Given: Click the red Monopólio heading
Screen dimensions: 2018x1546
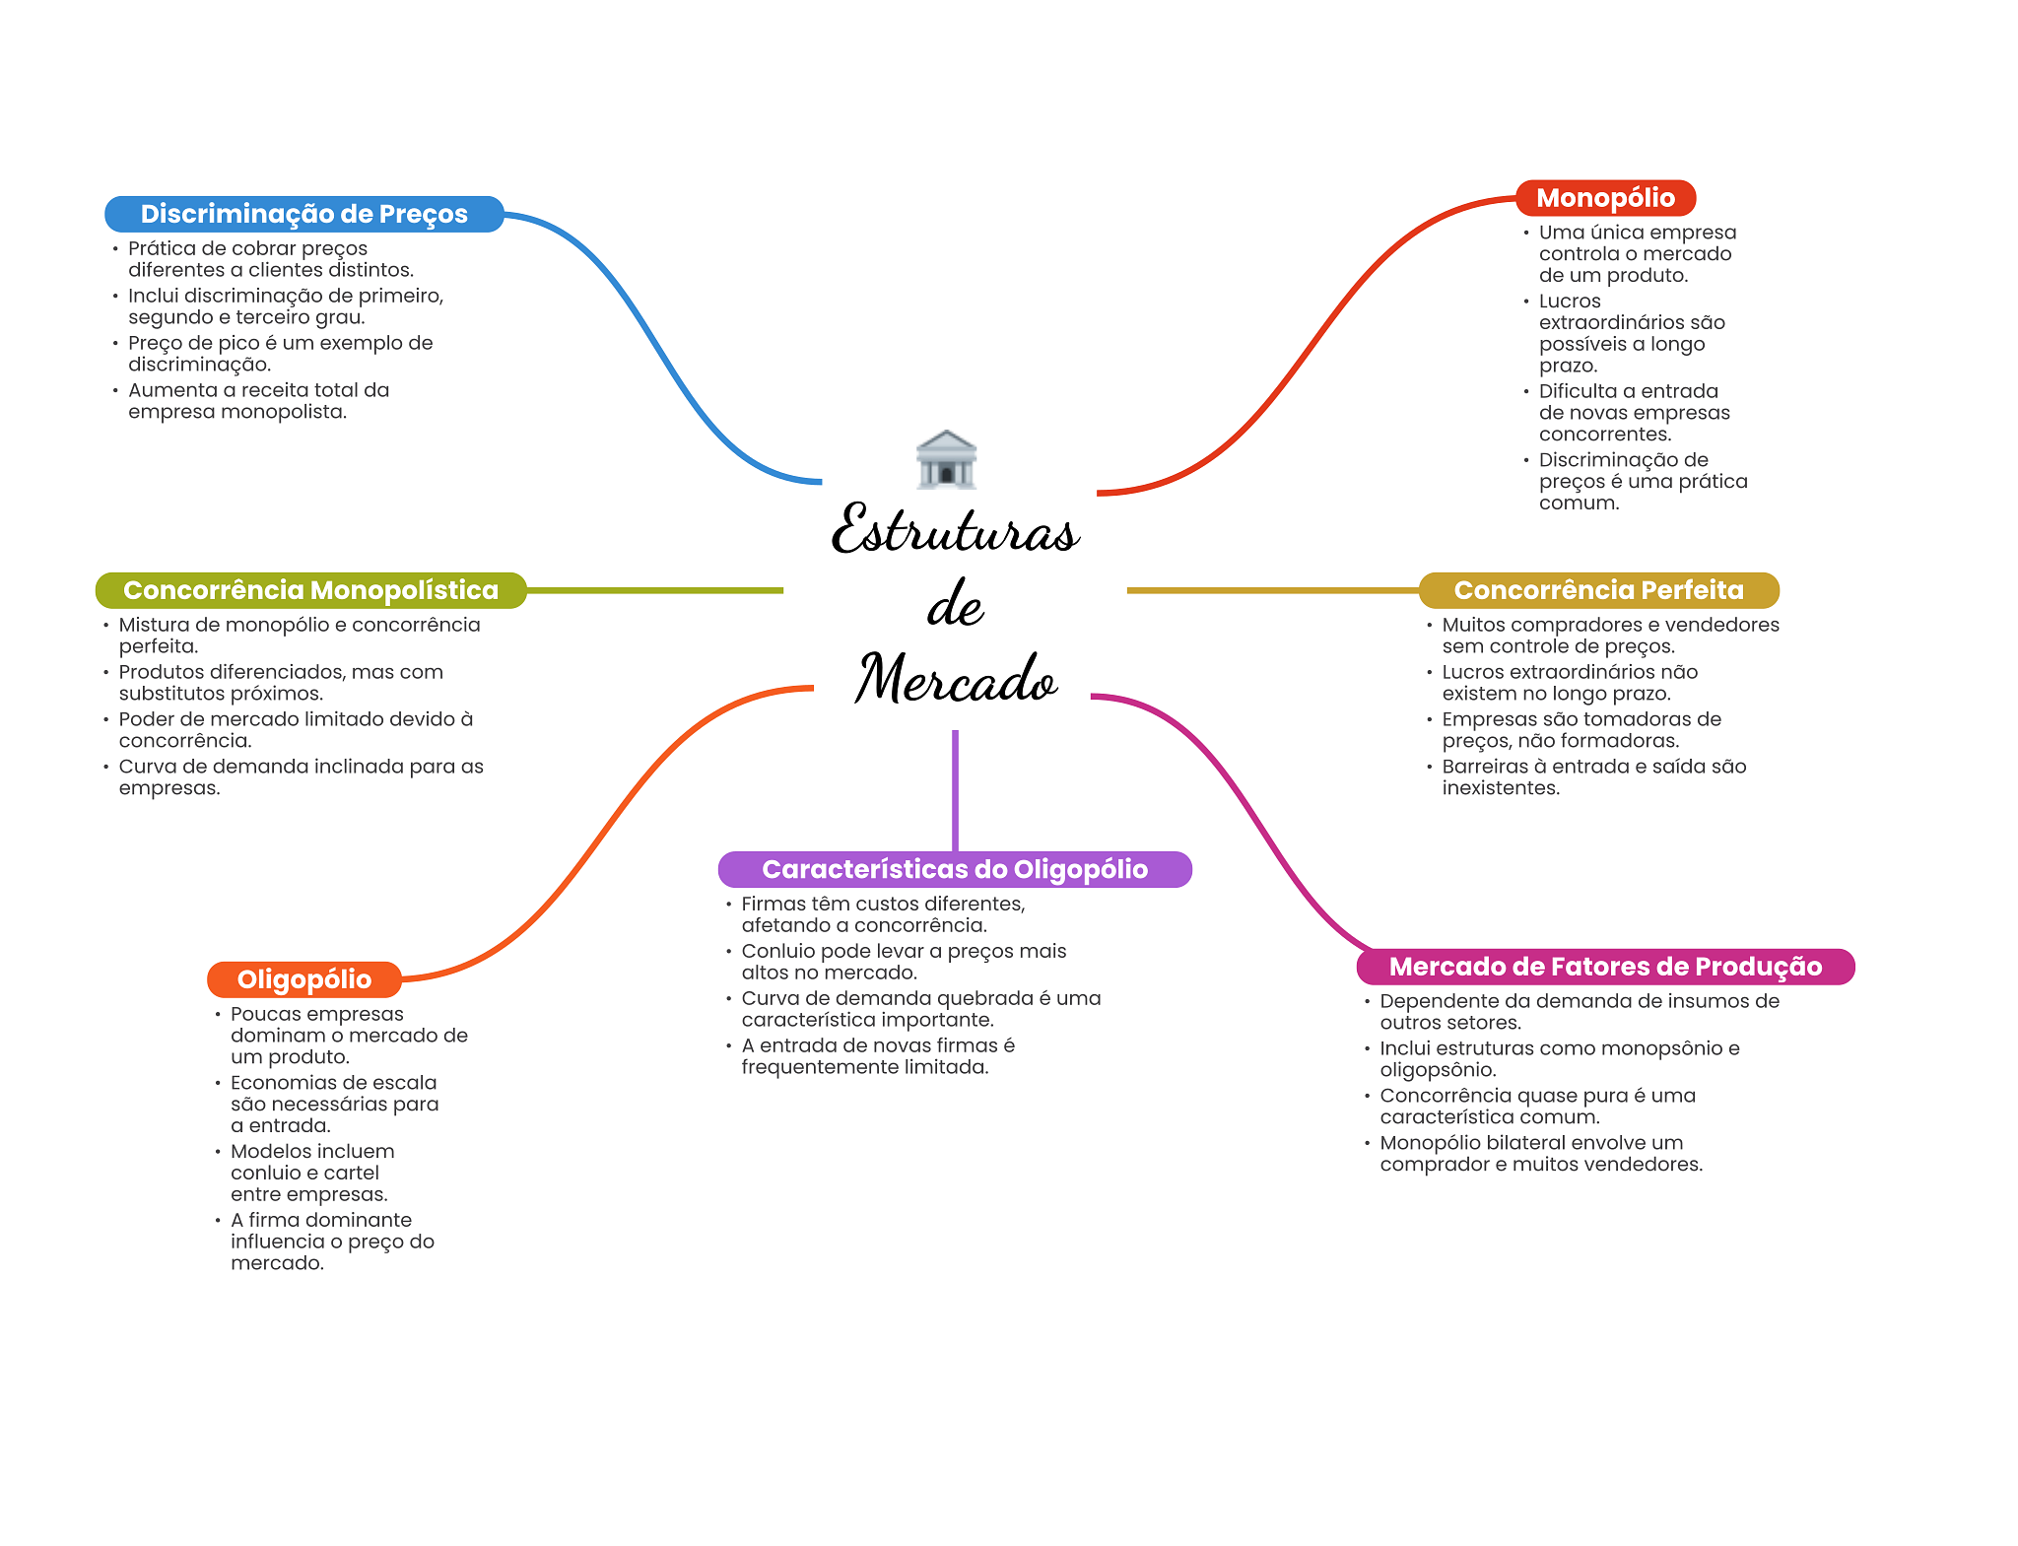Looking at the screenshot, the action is coord(1605,198).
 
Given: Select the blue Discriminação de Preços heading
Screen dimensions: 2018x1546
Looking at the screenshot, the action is coord(304,214).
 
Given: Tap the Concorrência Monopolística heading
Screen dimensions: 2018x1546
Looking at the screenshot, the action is coord(311,590).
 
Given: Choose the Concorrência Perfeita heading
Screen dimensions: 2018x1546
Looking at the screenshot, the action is coord(1598,590).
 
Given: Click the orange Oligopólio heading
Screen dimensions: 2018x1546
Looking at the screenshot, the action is coord(304,979).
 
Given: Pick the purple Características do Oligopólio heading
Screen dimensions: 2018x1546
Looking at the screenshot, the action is coord(955,869).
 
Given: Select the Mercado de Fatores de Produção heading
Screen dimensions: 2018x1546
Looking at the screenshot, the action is coord(1605,967).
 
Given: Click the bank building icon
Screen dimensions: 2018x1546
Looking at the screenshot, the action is coord(946,459).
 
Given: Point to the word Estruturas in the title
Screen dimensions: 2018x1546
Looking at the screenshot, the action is coord(956,529).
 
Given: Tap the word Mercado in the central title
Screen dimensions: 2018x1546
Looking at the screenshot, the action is coord(956,678).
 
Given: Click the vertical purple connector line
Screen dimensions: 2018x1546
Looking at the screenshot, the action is coord(955,790).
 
